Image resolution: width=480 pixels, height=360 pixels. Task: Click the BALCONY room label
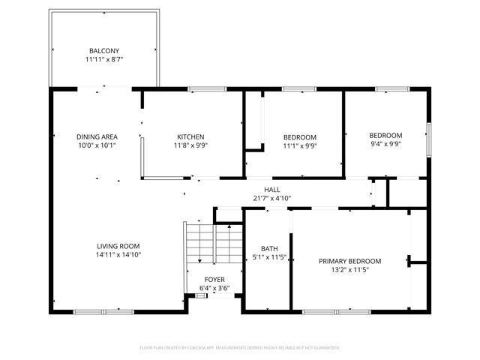pos(103,51)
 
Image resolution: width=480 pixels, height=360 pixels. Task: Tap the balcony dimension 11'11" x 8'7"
pos(103,59)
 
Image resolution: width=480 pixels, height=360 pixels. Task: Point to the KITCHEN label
pos(190,136)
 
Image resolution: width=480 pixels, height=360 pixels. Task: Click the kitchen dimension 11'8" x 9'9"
pos(190,145)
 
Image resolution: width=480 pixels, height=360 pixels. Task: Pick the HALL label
pos(271,190)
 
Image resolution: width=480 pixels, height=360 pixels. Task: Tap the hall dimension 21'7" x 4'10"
pos(271,199)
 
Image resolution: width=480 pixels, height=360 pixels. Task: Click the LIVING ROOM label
pos(118,246)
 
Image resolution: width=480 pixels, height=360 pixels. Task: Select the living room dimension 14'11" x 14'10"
pos(118,255)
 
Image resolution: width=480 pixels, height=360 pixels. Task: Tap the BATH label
pos(269,248)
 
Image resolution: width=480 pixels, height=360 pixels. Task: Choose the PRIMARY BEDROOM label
pos(350,261)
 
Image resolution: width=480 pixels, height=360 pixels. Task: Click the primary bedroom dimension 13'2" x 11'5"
pos(350,270)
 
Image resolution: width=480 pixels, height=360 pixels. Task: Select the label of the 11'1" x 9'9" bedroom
pos(299,136)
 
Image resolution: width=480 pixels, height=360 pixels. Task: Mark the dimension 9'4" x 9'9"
pos(386,144)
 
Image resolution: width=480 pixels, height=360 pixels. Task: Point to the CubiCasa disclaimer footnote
pos(240,348)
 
